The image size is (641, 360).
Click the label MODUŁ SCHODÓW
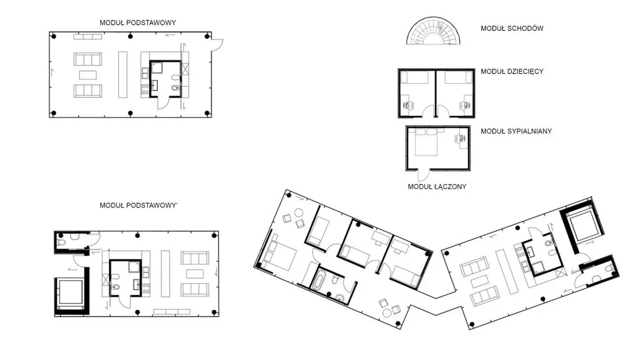tap(512, 28)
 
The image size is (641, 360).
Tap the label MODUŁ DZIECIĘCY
tap(512, 72)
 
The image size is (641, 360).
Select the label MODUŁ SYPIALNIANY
tap(516, 131)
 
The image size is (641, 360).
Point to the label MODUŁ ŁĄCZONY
tap(437, 187)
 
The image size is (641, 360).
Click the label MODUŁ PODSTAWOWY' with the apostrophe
tap(139, 206)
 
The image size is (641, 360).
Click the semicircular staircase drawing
tap(434, 31)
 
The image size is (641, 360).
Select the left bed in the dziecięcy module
tap(414, 77)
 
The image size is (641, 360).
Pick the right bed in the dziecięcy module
tap(458, 77)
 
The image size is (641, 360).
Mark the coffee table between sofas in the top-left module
tap(88, 75)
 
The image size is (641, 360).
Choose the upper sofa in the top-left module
tap(88, 59)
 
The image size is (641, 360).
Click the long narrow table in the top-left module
tap(122, 75)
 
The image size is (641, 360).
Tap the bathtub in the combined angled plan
tap(318, 281)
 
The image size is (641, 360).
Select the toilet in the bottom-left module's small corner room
tap(61, 242)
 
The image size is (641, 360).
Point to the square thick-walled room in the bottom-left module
tap(72, 291)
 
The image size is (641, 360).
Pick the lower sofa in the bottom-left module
tap(195, 290)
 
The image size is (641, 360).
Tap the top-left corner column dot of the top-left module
tap(54, 36)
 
